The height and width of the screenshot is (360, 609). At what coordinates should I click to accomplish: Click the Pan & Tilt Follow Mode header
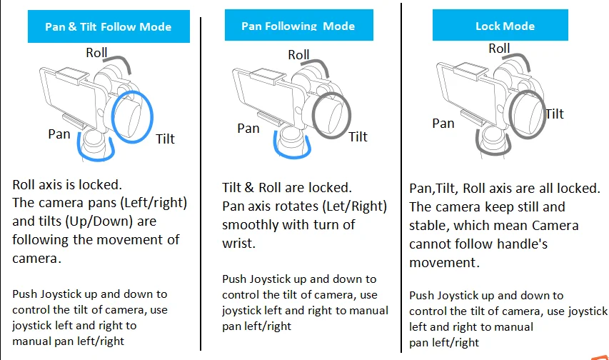coord(108,27)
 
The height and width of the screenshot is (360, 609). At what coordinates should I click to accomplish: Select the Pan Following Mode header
coord(298,26)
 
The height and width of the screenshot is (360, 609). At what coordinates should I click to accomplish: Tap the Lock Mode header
coord(505,26)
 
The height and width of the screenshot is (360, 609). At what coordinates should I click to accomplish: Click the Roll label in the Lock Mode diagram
coord(499,49)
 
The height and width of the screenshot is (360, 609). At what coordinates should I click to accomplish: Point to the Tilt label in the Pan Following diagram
coord(358,136)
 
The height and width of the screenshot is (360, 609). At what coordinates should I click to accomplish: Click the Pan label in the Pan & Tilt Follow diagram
coord(59,134)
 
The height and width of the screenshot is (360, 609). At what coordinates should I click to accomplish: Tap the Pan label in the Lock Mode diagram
coord(443,123)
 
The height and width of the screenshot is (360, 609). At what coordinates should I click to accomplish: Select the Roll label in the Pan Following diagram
coord(298,54)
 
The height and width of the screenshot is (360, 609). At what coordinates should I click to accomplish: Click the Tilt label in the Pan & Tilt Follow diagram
coord(165,139)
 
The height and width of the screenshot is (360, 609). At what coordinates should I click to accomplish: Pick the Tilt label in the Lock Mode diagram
coord(554,114)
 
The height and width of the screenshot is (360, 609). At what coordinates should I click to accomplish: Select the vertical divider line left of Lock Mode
coord(402,179)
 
